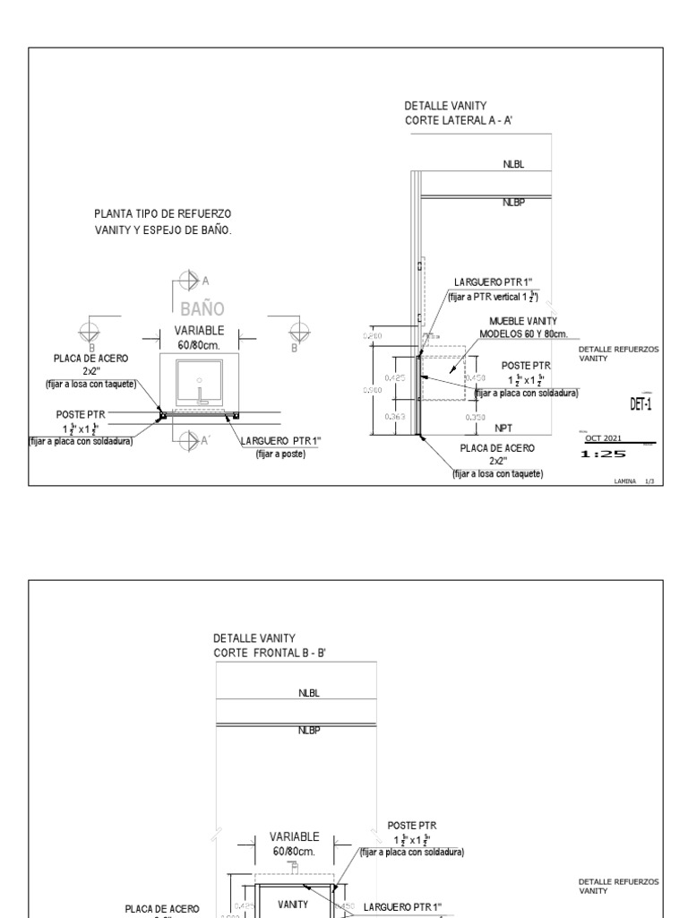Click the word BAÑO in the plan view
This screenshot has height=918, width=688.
tap(201, 310)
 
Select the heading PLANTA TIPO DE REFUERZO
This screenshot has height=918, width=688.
tap(162, 213)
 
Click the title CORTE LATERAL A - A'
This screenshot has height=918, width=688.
tap(458, 119)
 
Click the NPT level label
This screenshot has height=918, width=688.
tap(503, 429)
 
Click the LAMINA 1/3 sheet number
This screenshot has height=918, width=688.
tap(634, 481)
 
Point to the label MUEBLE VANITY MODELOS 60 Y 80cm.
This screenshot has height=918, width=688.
tap(523, 327)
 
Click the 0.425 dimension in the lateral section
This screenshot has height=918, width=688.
tap(396, 378)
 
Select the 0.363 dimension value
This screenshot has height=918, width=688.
tap(396, 417)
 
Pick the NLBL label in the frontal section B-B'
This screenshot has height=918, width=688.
tap(309, 693)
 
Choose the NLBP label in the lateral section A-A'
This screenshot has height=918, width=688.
tap(513, 204)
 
